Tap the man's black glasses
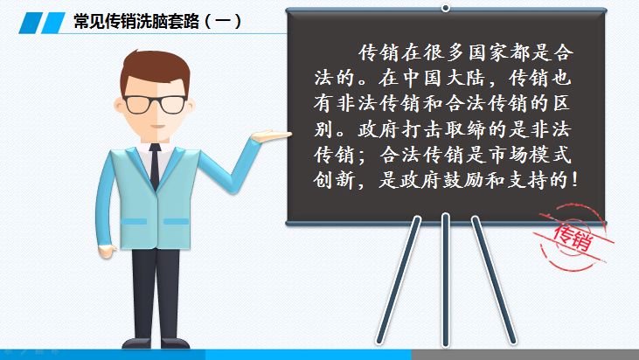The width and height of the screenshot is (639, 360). point(156,103)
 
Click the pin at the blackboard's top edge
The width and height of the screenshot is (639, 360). point(445,7)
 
